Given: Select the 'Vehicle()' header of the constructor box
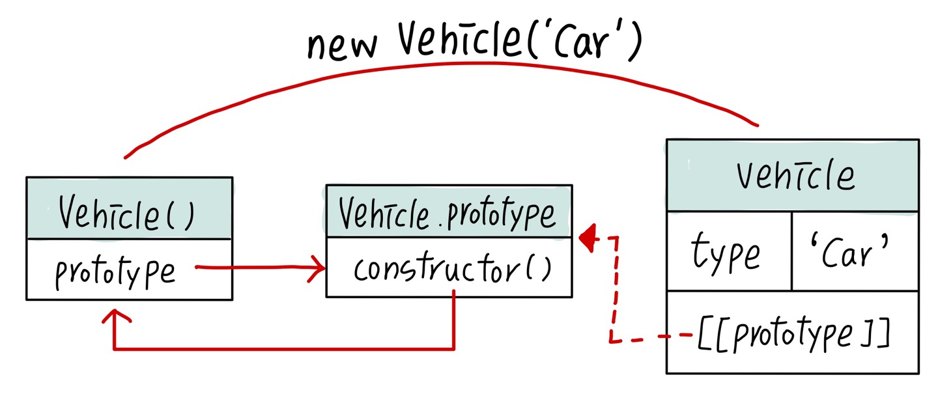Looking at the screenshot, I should [128, 214].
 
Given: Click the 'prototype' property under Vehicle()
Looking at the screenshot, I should [115, 272].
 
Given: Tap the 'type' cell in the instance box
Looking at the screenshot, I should [726, 253].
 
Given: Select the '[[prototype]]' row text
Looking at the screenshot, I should [793, 335].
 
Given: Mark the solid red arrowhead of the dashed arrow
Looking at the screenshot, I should [588, 238].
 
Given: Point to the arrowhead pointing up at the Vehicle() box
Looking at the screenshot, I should [115, 316].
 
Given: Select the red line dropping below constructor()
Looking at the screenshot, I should [453, 322].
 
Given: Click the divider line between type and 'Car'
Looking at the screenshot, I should [792, 251].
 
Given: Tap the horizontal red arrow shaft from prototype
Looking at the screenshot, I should [254, 268].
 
